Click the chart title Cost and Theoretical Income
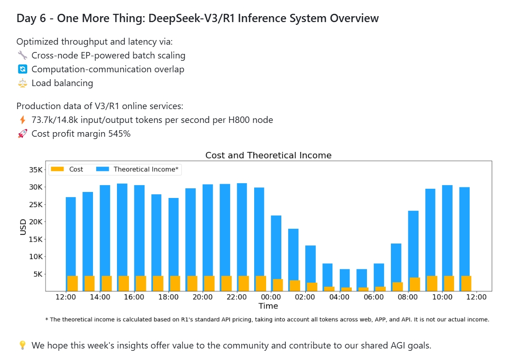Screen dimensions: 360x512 click(x=268, y=155)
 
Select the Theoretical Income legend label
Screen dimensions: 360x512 click(x=145, y=169)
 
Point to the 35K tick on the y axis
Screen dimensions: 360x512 click(x=35, y=169)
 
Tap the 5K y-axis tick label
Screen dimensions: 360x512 click(x=37, y=274)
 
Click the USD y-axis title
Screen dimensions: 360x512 click(x=23, y=226)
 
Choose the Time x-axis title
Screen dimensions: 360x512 click(x=268, y=306)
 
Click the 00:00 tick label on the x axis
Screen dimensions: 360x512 click(x=271, y=297)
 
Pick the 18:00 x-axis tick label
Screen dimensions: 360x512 click(x=169, y=297)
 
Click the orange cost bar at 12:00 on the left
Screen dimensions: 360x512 click(x=72, y=283)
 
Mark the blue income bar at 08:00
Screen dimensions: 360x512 click(x=413, y=239)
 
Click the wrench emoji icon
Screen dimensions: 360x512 click(x=23, y=56)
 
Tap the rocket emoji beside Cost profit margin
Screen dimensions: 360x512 click(x=23, y=134)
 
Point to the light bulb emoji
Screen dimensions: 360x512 click(x=23, y=345)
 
